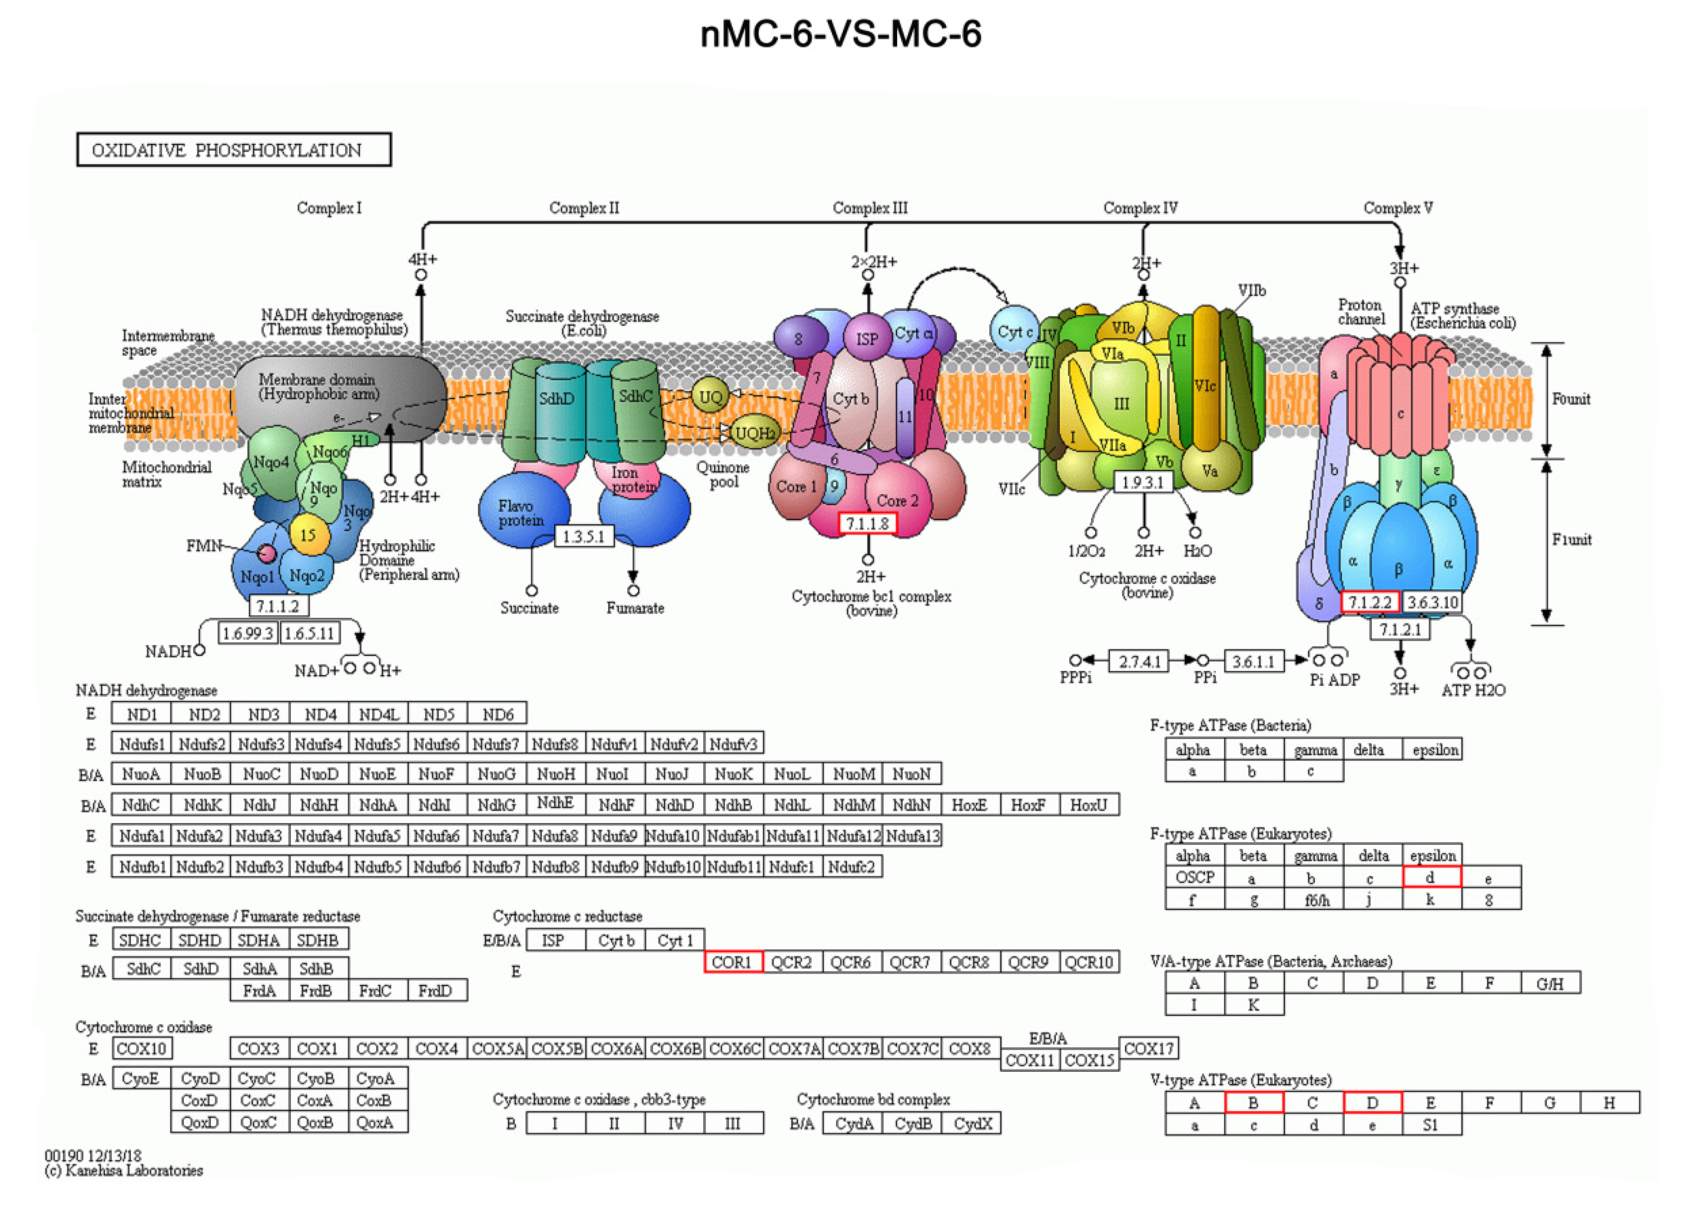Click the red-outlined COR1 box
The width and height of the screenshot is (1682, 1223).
[x=733, y=962]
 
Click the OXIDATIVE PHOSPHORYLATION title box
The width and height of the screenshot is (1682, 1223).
[x=234, y=150]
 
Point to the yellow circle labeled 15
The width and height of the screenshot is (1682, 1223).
[x=308, y=534]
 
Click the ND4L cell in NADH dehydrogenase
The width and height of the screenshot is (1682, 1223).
[x=378, y=714]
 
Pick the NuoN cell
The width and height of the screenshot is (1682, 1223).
[x=912, y=773]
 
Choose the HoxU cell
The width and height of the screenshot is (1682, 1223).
[x=1088, y=805]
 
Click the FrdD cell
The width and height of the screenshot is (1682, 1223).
[x=437, y=990]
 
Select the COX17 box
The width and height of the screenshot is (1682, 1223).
[x=1148, y=1048]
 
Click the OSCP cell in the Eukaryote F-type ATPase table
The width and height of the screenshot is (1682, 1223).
[x=1194, y=877]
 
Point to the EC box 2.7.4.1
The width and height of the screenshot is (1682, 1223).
[x=1139, y=661]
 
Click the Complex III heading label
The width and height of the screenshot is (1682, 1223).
[x=869, y=208]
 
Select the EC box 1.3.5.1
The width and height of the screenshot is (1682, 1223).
[x=584, y=536]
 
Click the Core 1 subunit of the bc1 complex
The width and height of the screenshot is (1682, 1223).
[x=796, y=487]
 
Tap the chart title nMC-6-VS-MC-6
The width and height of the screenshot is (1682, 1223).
[x=841, y=34]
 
